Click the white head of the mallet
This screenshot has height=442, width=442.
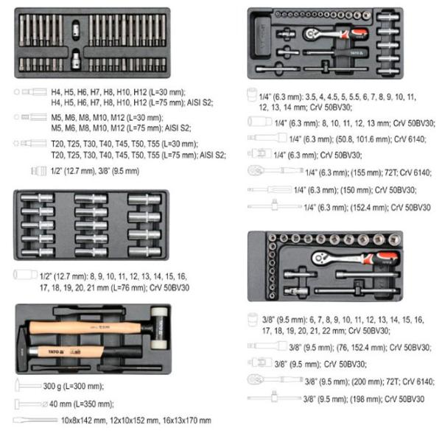click(159, 314)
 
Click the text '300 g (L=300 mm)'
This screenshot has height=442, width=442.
click(74, 386)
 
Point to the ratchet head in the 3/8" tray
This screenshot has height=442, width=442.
click(320, 257)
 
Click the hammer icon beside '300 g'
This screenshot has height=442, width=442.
click(28, 385)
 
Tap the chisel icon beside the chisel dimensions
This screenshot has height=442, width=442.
click(35, 421)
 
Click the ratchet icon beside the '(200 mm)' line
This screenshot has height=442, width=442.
click(275, 379)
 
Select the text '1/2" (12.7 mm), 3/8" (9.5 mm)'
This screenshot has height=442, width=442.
click(95, 171)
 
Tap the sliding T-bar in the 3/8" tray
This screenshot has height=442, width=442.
click(357, 290)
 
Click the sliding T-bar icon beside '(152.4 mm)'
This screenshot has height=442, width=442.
click(274, 206)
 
